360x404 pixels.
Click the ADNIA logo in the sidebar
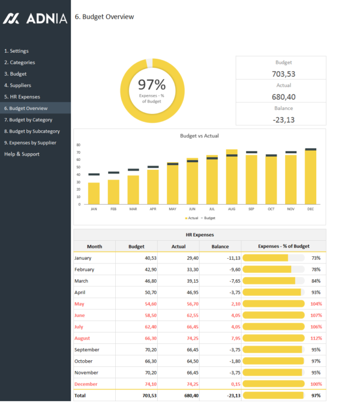click(35, 19)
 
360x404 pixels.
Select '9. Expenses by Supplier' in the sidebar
click(30, 142)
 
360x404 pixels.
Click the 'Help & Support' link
click(22, 154)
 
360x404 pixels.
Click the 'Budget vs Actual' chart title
click(199, 136)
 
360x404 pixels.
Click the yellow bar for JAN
click(94, 191)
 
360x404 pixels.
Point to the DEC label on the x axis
click(310, 209)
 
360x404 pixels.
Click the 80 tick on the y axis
click(78, 145)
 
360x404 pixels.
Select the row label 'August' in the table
click(83, 338)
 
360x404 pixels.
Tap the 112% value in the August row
click(316, 338)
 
